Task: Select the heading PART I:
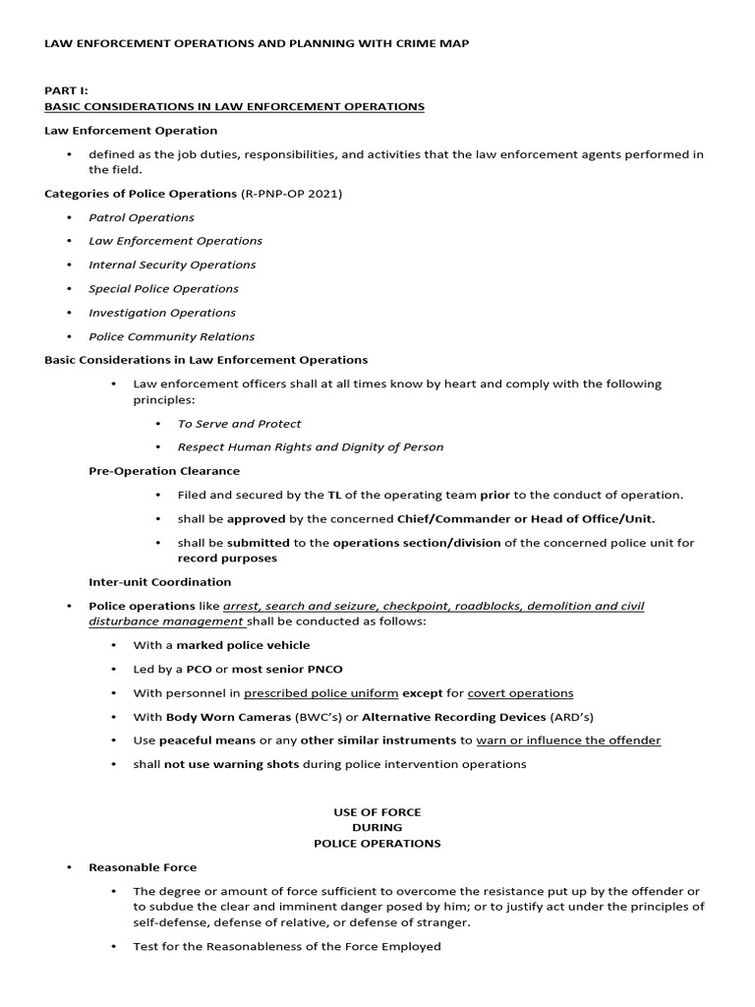[67, 89]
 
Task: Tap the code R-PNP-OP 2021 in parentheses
[293, 194]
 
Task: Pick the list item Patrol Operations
[142, 217]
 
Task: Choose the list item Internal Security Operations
[172, 265]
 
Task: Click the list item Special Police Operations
[163, 289]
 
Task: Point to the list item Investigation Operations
[162, 313]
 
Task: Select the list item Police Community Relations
[171, 336]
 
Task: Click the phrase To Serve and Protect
[239, 424]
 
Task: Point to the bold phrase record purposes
[227, 559]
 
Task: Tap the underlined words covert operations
[520, 693]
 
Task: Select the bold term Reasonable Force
[143, 867]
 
